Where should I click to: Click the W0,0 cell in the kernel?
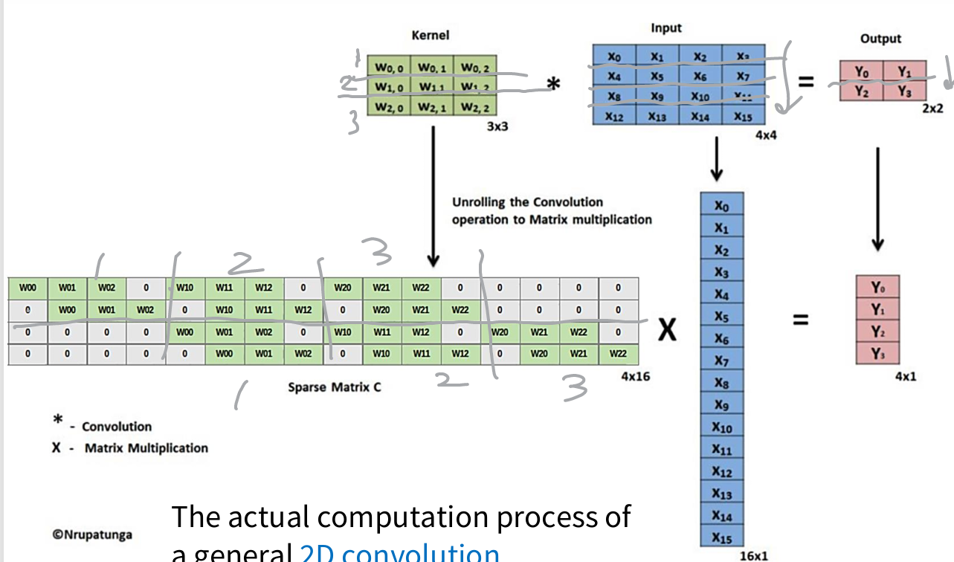[389, 68]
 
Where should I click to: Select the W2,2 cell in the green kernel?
[473, 108]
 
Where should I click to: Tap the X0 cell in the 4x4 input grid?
[614, 56]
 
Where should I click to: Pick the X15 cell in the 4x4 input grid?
[743, 117]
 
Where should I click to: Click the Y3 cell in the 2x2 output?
[903, 91]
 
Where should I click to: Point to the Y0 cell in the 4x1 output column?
[877, 287]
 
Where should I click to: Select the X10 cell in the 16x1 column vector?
[721, 427]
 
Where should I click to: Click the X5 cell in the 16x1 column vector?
[721, 317]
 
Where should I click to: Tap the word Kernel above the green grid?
[431, 35]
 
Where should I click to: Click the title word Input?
[665, 28]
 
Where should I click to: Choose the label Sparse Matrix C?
[335, 387]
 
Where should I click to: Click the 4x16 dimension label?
[636, 377]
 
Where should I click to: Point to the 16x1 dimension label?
[754, 555]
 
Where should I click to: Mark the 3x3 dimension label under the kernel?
[497, 126]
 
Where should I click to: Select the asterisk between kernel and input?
[552, 85]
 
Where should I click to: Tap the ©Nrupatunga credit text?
[92, 533]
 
